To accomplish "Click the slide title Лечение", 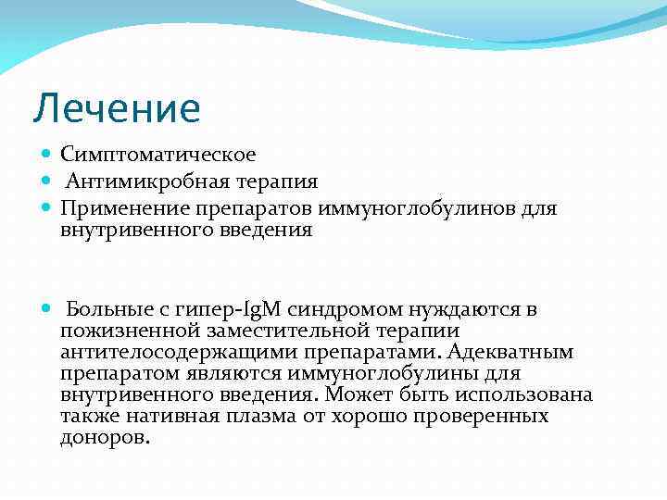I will pos(117,108).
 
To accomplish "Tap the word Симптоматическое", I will pos(158,154).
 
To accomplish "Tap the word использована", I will pos(530,394).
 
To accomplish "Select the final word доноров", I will pos(104,437).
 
